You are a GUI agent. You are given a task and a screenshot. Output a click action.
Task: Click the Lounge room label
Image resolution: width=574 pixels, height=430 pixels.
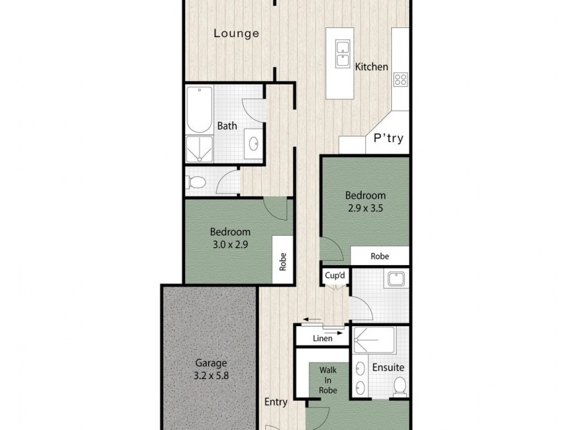click(x=236, y=33)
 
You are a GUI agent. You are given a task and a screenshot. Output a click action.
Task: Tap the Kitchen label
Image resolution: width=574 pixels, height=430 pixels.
click(x=372, y=67)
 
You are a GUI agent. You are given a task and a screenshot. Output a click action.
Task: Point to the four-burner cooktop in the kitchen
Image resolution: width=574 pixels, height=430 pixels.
click(x=400, y=80)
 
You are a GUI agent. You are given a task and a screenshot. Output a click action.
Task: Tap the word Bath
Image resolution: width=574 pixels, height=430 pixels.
click(x=227, y=126)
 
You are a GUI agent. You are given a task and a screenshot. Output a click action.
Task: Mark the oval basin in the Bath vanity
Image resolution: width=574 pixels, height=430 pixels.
click(x=253, y=144)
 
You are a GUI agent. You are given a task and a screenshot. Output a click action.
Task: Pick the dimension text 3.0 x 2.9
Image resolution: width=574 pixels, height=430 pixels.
click(x=230, y=244)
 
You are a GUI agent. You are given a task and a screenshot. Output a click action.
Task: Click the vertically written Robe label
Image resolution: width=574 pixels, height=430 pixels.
click(x=283, y=259)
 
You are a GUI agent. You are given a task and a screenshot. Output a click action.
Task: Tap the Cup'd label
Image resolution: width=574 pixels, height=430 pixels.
click(x=334, y=274)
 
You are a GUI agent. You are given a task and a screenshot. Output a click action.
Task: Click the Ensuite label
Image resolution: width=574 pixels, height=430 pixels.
click(x=388, y=368)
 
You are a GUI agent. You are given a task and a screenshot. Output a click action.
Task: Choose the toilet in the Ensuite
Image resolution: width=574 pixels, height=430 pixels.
click(x=400, y=388)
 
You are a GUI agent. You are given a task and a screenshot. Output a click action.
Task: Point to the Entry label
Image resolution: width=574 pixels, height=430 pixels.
click(x=276, y=401)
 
